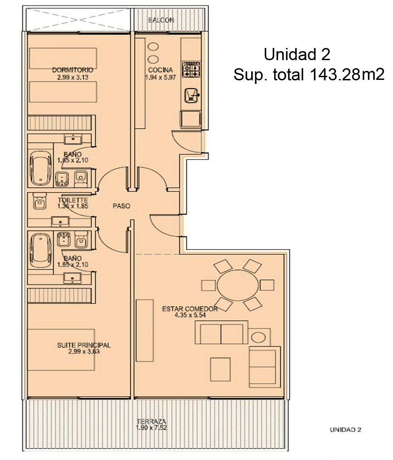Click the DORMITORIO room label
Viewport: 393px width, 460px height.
point(72,70)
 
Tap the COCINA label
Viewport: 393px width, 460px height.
point(160,70)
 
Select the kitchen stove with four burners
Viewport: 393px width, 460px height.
point(191,70)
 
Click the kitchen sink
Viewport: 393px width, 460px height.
point(192,96)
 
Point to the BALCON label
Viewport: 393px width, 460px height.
point(161,20)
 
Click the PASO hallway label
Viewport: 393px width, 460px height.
point(121,206)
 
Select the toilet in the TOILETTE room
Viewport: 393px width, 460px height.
point(39,201)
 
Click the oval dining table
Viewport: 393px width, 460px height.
point(238,285)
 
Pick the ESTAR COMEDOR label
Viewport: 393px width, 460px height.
point(190,309)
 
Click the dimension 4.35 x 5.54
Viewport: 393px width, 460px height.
point(190,315)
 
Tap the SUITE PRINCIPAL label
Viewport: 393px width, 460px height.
point(84,345)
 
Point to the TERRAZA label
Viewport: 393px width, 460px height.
point(151,421)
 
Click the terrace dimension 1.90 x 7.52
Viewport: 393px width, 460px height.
point(151,428)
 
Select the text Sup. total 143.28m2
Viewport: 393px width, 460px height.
point(309,75)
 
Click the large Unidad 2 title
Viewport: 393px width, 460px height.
point(297,55)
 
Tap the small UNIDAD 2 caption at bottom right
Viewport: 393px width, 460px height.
point(345,430)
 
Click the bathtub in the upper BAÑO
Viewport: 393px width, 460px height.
point(40,167)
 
